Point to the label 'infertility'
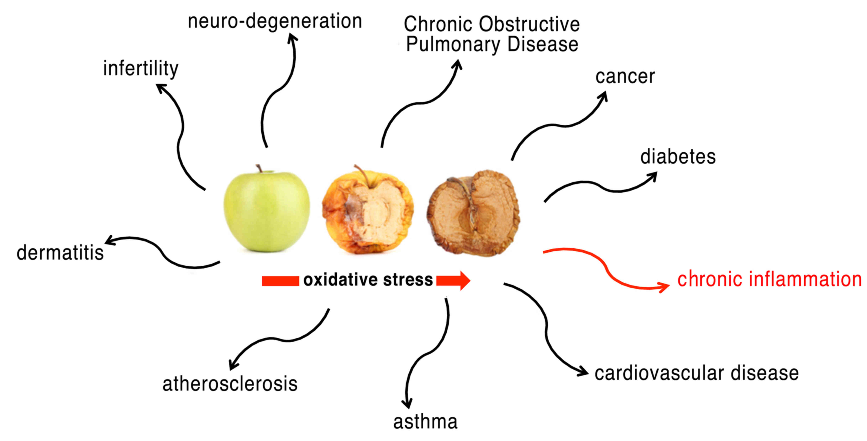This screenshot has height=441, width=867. [141, 69]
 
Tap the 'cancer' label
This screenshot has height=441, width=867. [625, 77]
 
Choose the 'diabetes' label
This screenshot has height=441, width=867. [677, 157]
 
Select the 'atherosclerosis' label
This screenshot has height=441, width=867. [230, 384]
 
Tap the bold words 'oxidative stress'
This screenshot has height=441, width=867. [368, 280]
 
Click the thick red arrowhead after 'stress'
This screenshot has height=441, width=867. [463, 280]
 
